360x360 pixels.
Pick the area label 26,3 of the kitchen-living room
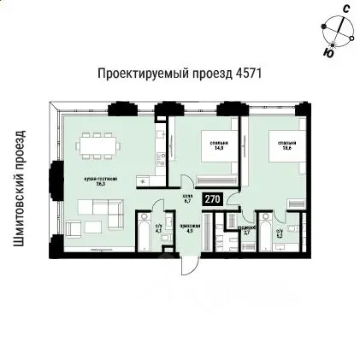105,183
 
